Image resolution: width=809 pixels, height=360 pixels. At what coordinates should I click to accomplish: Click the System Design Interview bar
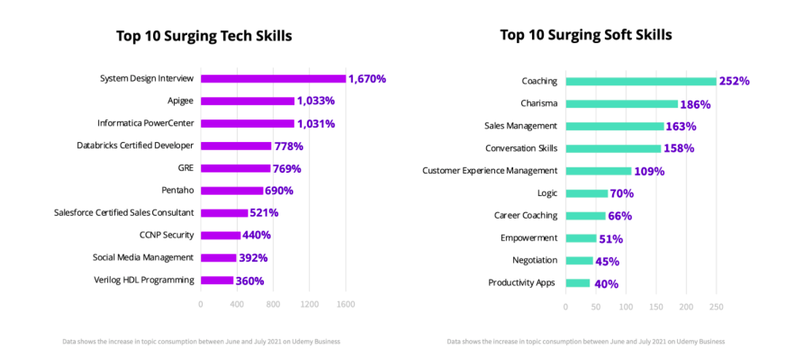[x=273, y=79]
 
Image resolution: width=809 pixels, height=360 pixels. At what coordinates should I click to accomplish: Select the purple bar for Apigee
[x=248, y=101]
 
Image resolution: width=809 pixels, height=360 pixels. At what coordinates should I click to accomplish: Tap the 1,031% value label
[x=316, y=124]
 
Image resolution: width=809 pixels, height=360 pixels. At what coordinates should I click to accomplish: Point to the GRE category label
[x=186, y=168]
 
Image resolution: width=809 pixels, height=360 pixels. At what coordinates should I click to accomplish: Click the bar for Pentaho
[x=232, y=191]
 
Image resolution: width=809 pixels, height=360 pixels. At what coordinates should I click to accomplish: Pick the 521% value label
[x=264, y=213]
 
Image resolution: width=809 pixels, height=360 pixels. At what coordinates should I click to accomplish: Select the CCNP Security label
[x=167, y=235]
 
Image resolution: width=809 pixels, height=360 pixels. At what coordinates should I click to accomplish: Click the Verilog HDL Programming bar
[x=217, y=280]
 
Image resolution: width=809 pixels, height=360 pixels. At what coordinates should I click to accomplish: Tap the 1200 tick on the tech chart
[x=309, y=304]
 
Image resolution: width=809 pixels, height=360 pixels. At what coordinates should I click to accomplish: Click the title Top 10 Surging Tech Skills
[x=204, y=36]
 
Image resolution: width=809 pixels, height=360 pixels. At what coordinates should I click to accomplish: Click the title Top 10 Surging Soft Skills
[x=586, y=35]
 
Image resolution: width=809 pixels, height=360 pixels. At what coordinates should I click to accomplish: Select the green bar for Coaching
[x=641, y=81]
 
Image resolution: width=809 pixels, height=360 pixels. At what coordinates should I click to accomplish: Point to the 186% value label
[x=695, y=104]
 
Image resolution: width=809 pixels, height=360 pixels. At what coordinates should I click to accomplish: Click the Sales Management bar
[x=615, y=126]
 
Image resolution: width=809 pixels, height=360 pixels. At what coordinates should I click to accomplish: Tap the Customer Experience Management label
[x=490, y=171]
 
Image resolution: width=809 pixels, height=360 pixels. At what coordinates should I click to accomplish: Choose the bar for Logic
[x=587, y=193]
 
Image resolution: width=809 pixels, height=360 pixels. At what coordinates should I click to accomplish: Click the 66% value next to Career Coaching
[x=620, y=216]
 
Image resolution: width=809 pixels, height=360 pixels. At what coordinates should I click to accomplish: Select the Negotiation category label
[x=535, y=260]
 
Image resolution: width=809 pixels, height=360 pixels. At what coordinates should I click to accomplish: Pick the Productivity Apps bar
[x=578, y=283]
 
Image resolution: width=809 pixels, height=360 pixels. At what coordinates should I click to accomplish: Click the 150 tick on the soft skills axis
[x=656, y=307]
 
